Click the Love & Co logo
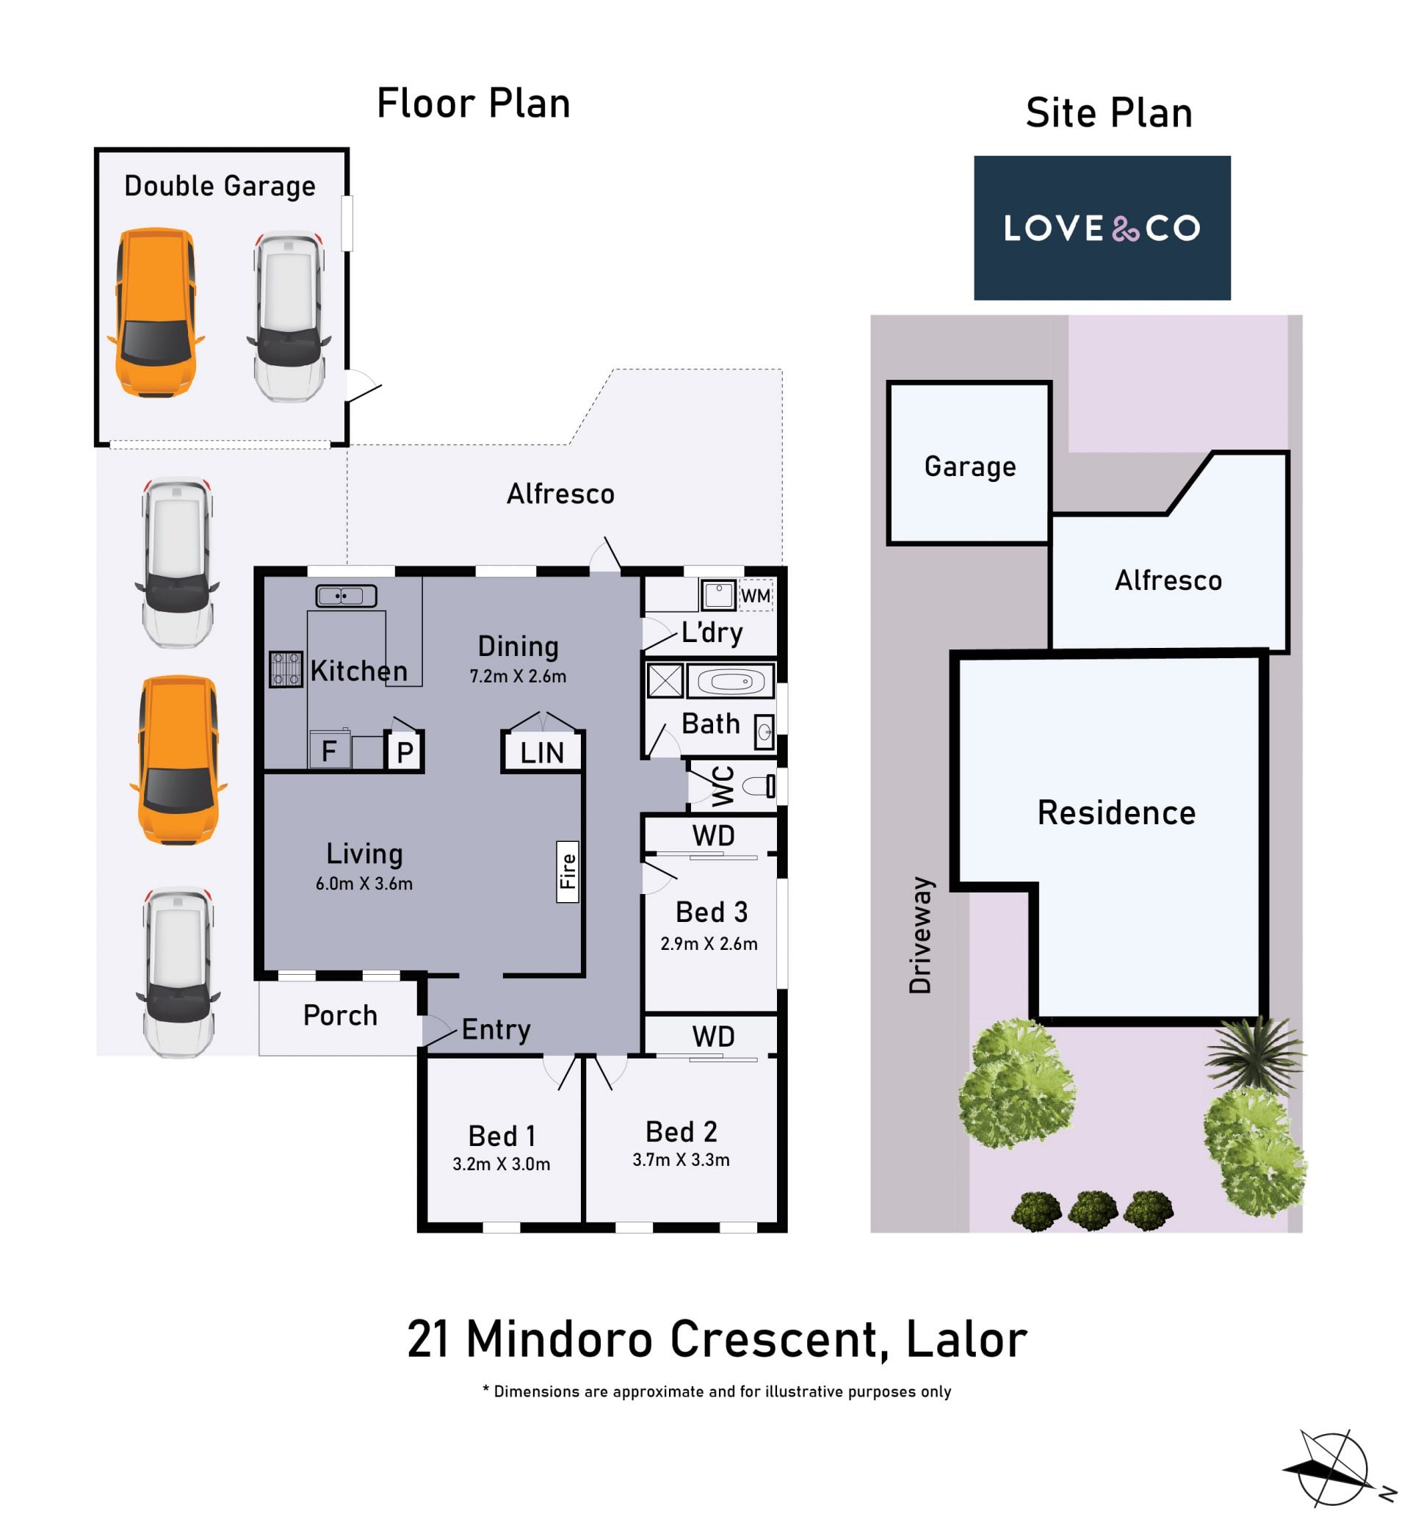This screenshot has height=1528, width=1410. [x=1102, y=228]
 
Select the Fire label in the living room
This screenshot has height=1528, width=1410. [x=567, y=871]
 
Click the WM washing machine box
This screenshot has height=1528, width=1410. [x=756, y=595]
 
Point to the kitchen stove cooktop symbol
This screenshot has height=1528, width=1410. [x=286, y=669]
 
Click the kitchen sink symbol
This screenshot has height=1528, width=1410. [x=347, y=596]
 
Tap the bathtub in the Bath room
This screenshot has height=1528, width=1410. [x=730, y=680]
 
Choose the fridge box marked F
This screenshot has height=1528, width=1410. [x=330, y=750]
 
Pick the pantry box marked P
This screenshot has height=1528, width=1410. [x=405, y=752]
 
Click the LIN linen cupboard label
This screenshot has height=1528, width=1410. [x=542, y=752]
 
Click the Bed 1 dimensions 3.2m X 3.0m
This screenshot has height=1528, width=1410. [x=502, y=1164]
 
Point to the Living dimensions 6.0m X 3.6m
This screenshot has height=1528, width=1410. [x=364, y=883]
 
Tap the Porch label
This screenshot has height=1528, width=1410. [x=340, y=1016]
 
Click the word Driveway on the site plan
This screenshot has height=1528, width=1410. [x=920, y=936]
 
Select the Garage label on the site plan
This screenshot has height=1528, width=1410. [x=970, y=466]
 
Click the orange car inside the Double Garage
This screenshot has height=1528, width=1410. [x=156, y=312]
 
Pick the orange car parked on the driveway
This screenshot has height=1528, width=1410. [x=178, y=760]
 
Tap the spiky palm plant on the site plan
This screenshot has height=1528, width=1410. [x=1256, y=1055]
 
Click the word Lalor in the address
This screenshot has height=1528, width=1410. [x=966, y=1340]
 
